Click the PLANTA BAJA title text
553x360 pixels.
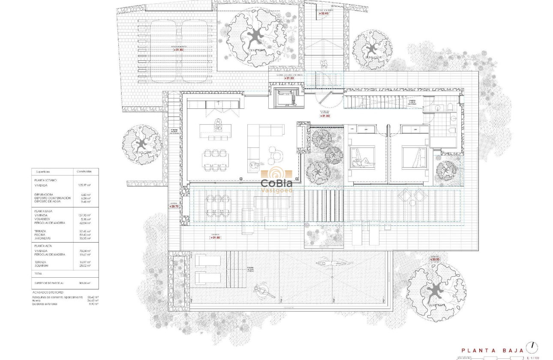tap(493, 351)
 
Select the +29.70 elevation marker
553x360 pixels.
tap(174, 206)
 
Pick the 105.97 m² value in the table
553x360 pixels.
tap(83, 185)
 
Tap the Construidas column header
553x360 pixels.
tap(84, 171)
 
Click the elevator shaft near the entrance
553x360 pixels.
tap(283, 97)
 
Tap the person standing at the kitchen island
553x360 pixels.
tap(218, 125)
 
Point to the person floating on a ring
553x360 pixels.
tap(263, 292)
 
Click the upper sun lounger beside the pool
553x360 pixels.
tap(208, 260)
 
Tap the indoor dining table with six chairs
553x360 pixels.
tap(214, 160)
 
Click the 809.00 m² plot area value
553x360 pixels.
tap(84, 283)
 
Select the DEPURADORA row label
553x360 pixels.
tap(45, 195)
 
